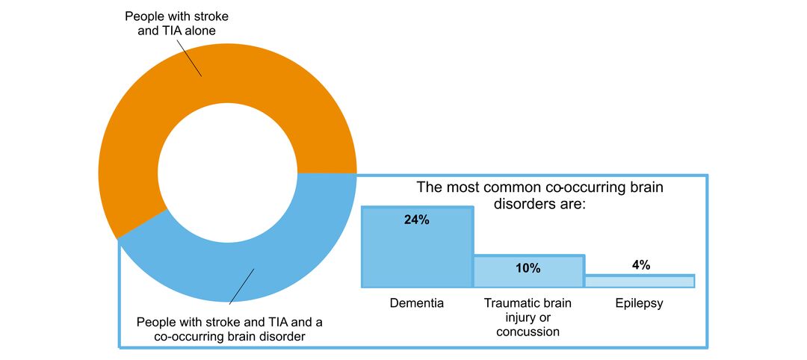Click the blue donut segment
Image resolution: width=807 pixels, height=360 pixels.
(291, 246)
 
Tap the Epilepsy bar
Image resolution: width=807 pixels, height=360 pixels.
(640, 281)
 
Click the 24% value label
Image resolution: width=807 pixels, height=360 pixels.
(417, 220)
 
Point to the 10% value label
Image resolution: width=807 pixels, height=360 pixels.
(528, 267)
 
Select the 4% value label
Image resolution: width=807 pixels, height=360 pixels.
(640, 265)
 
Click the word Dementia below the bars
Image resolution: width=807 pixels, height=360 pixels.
(417, 304)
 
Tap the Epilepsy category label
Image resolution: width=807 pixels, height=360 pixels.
(640, 304)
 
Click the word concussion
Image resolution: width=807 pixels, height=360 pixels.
(528, 332)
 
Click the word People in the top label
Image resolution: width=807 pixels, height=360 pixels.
(143, 16)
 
